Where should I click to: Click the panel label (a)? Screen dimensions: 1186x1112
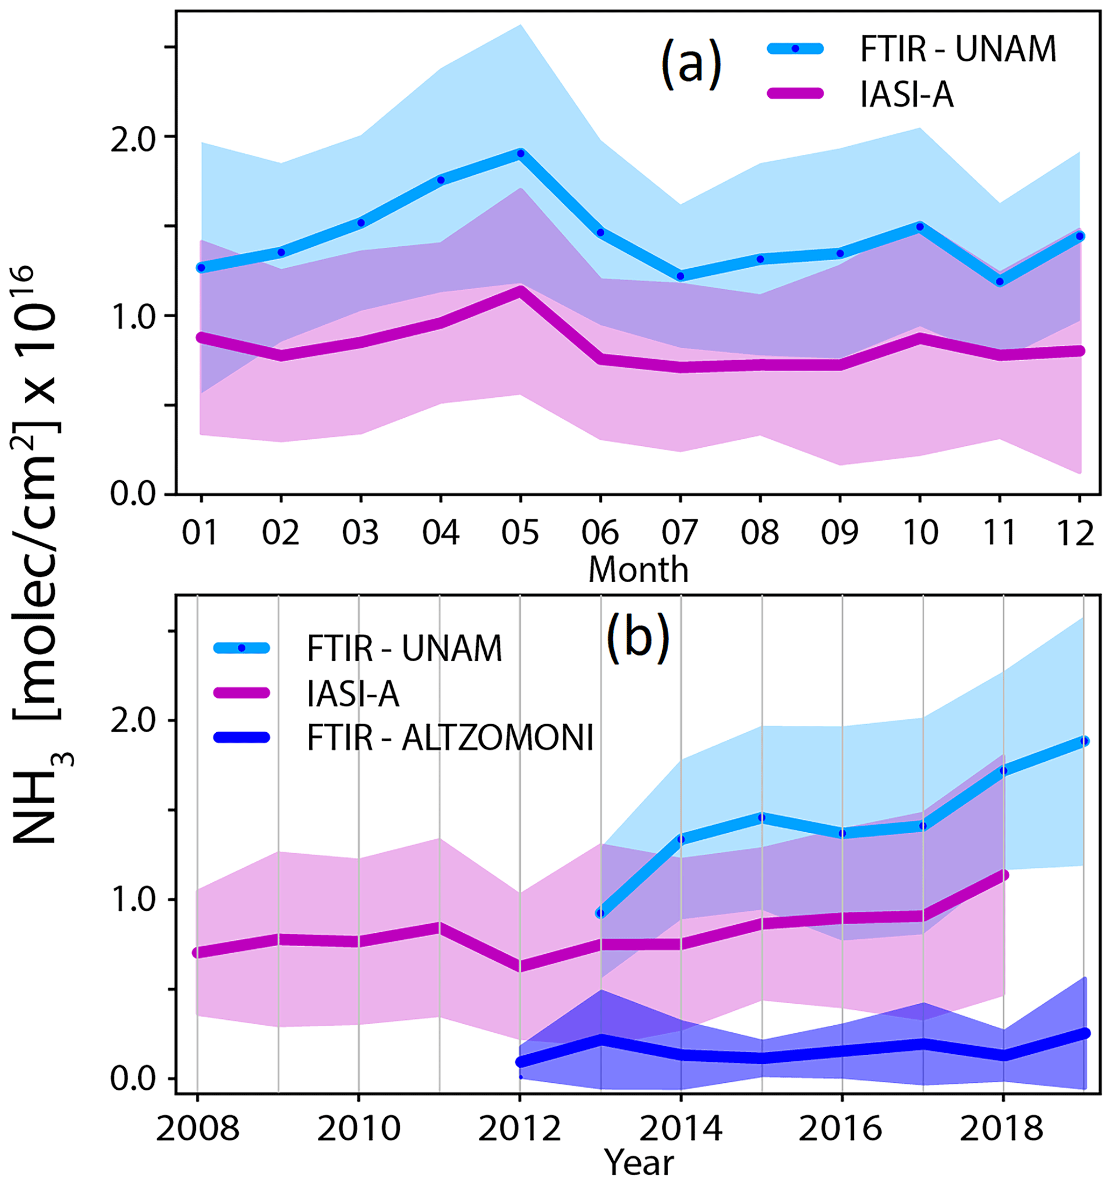coord(691,66)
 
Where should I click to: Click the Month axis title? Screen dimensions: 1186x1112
coord(638,570)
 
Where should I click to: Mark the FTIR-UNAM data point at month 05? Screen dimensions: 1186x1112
coord(520,153)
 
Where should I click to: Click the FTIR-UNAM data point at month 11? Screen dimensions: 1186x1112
coord(1000,282)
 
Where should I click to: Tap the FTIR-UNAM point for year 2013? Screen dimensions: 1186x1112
coord(600,913)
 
